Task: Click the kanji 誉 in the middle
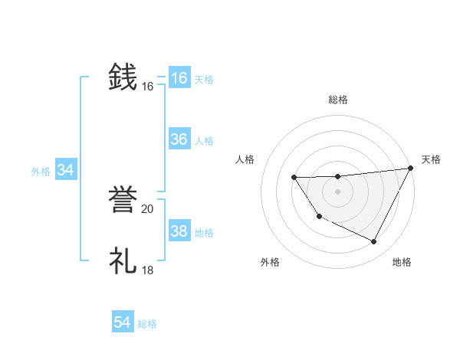123,199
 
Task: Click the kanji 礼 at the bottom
123,260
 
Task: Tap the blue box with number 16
179,78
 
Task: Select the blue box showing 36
179,139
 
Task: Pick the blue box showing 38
179,231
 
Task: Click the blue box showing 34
65,171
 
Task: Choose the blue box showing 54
123,322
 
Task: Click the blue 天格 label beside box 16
203,80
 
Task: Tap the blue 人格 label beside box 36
203,141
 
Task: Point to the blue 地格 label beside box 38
203,233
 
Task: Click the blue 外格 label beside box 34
41,172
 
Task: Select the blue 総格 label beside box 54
147,324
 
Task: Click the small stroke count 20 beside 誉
147,209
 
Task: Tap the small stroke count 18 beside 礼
147,270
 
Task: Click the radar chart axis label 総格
338,100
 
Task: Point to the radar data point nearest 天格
410,168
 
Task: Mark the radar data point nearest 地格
374,242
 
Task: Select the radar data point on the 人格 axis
294,178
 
